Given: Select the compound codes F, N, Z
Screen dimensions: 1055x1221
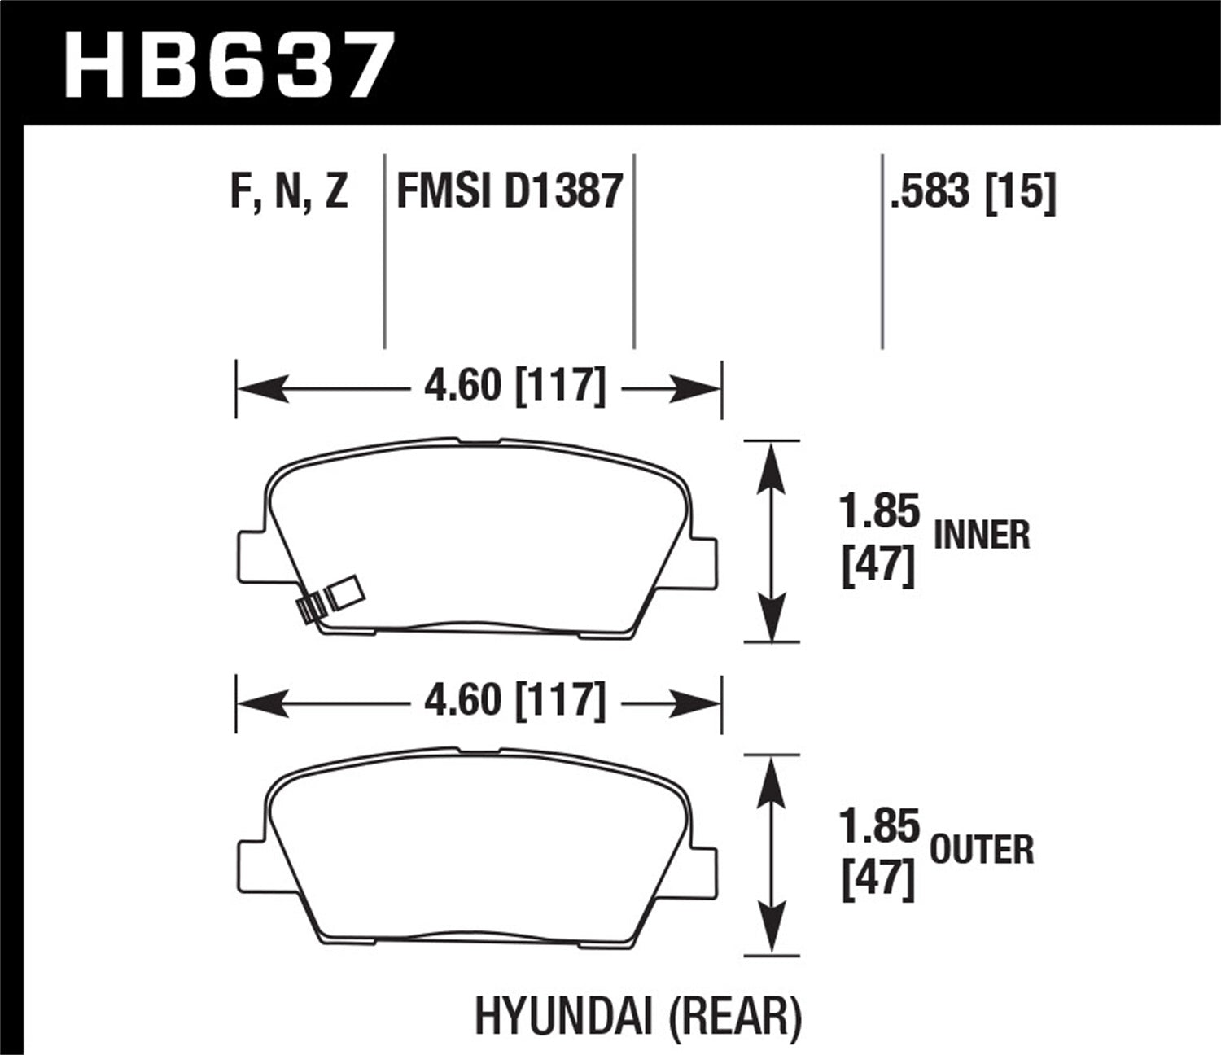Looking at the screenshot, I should (289, 192).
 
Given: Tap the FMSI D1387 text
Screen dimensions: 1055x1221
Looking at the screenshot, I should (510, 192).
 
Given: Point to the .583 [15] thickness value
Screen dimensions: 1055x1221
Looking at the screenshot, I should (973, 192).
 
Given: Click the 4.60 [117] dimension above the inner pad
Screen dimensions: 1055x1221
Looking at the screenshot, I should (514, 386).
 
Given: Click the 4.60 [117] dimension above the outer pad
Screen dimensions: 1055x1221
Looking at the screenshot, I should (514, 701).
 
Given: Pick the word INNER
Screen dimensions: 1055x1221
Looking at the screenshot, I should (982, 536).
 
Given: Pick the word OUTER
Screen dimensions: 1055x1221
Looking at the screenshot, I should (982, 851).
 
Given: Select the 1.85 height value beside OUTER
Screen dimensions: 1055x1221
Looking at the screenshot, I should (879, 828).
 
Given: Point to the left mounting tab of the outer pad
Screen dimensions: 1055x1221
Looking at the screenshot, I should (248, 866).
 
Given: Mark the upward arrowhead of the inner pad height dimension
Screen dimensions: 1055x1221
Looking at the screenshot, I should (770, 464).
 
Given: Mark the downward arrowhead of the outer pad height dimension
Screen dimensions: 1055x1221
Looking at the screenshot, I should (770, 932).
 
